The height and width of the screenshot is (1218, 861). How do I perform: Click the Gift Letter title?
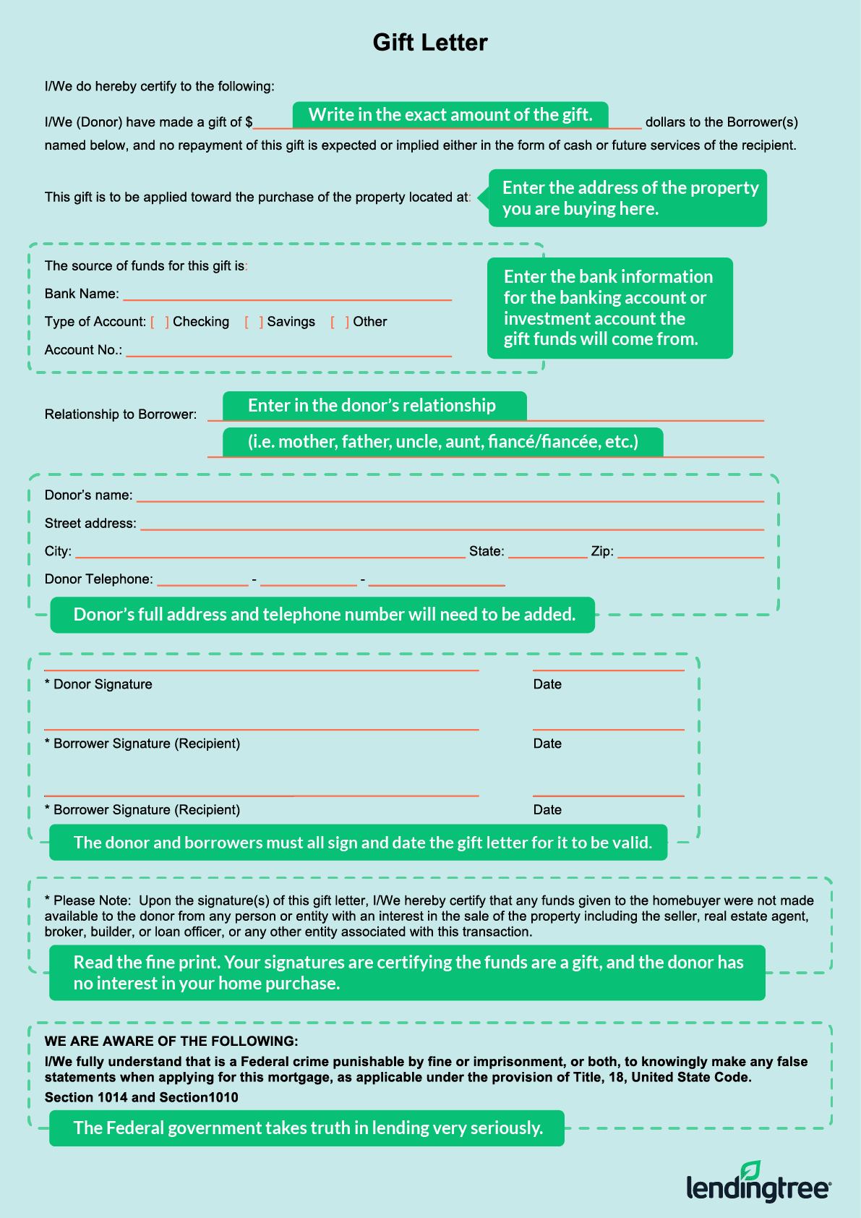430,43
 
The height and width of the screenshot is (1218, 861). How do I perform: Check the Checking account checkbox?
160,322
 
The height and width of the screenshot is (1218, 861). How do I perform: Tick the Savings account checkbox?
254,322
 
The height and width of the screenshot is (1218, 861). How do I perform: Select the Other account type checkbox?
340,322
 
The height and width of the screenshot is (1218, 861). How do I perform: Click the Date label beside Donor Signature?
547,684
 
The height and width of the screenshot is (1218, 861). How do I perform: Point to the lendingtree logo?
758,1183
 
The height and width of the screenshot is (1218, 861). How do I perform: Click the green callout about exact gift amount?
450,115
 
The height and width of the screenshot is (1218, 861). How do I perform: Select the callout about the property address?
627,198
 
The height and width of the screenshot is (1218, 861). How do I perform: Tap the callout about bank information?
609,308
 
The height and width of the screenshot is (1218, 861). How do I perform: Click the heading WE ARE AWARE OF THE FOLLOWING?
171,1042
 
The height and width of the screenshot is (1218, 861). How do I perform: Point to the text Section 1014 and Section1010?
142,1097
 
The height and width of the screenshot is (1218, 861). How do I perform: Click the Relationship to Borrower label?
121,414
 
